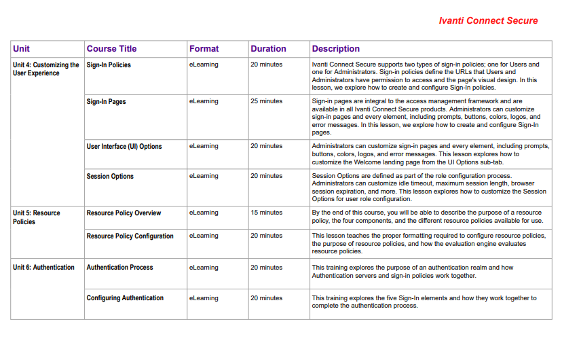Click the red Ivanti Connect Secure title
pyautogui.click(x=488, y=20)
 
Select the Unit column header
pyautogui.click(x=22, y=49)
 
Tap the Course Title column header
pyautogui.click(x=111, y=49)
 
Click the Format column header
pyautogui.click(x=204, y=49)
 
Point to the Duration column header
pyautogui.click(x=268, y=49)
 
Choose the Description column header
pyautogui.click(x=335, y=49)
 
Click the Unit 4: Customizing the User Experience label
pyautogui.click(x=45, y=69)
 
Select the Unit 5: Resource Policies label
pyautogui.click(x=37, y=217)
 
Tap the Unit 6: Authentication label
pyautogui.click(x=43, y=268)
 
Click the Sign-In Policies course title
pyautogui.click(x=109, y=65)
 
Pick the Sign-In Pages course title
pyautogui.click(x=106, y=102)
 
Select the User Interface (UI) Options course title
pyautogui.click(x=124, y=146)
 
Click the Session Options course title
pyautogui.click(x=110, y=177)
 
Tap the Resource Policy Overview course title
pyautogui.click(x=124, y=213)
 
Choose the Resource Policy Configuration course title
pyautogui.click(x=130, y=236)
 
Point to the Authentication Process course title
pyautogui.click(x=119, y=268)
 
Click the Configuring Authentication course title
pyautogui.click(x=125, y=298)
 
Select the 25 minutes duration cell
pyautogui.click(x=266, y=102)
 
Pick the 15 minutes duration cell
pyautogui.click(x=266, y=213)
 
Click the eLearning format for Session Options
pyautogui.click(x=204, y=177)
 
